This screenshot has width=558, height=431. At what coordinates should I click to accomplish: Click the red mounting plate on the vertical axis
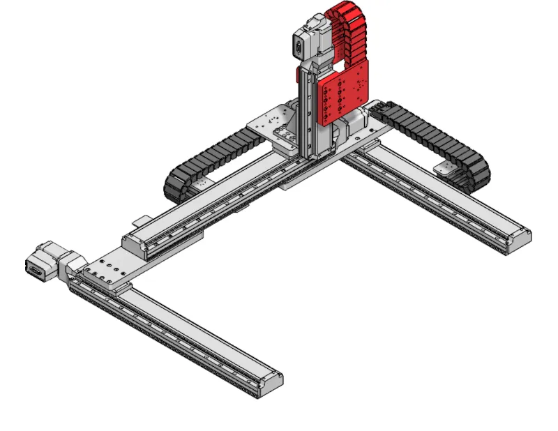342,94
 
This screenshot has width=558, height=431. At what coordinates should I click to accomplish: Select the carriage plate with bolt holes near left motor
105,269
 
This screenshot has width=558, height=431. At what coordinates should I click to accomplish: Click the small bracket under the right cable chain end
445,167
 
